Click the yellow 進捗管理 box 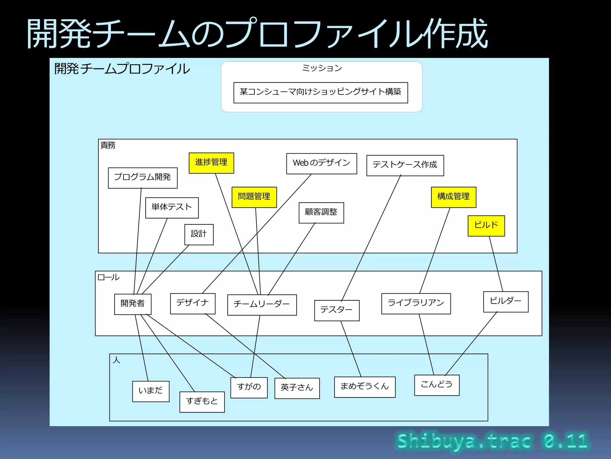[211, 163]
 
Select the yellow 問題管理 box [254, 197]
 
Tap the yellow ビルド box [486, 226]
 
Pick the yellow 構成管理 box [453, 197]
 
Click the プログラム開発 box [143, 178]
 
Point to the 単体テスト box [172, 208]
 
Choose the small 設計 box [199, 234]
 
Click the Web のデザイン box [321, 163]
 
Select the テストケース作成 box [405, 165]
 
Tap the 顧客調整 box [321, 212]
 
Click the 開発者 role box [132, 304]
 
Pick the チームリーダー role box [262, 305]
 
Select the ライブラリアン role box [416, 303]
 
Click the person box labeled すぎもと [202, 402]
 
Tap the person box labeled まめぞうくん [365, 387]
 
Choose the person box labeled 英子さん [297, 388]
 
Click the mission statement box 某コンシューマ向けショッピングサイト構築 [320, 92]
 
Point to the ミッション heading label [322, 68]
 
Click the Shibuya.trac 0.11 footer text [492, 441]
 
